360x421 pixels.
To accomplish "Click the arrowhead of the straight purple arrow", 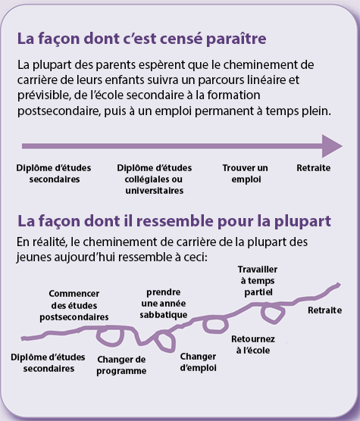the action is [332, 146].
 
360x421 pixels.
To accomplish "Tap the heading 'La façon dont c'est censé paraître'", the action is [142, 39].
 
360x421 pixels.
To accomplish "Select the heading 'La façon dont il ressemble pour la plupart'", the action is [174, 221].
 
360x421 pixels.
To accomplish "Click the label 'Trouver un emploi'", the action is [246, 173].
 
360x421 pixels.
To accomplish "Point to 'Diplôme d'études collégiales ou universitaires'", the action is [154, 179].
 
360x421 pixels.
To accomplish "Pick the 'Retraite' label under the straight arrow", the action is [314, 168].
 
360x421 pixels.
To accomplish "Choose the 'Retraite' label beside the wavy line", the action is [325, 310].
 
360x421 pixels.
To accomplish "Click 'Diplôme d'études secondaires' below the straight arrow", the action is [54, 173].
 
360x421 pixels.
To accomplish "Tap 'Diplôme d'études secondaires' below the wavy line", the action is [48, 363].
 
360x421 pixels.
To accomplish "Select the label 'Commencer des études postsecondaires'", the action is [74, 305].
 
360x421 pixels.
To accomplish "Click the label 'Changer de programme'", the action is [121, 365].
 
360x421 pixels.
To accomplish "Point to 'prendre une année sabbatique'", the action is [164, 304].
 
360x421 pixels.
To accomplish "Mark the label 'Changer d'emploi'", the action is [199, 362].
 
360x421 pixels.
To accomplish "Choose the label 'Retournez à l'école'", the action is [253, 345].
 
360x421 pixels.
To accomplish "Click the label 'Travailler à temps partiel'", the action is [258, 281].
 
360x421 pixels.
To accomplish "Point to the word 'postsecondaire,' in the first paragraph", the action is [59, 111].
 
